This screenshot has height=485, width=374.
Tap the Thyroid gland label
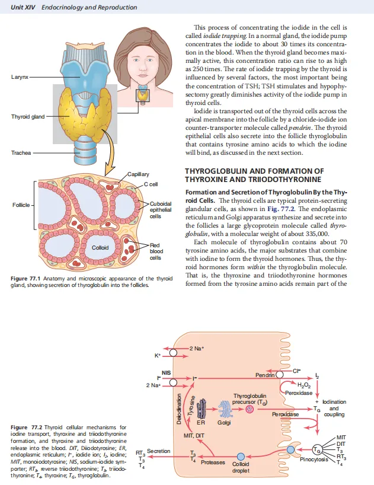click(x=27, y=116)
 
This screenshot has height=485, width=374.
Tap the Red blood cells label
click(x=155, y=251)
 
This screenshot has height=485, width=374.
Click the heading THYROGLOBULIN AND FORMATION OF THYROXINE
click(x=255, y=176)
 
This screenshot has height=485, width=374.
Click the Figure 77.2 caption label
click(x=27, y=427)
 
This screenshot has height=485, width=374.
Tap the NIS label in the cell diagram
click(x=168, y=372)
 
